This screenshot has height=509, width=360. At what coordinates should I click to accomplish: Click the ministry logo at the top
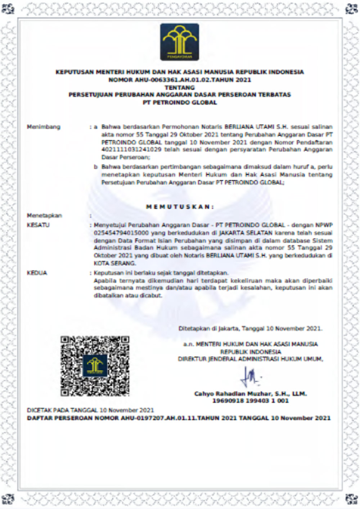point(179,42)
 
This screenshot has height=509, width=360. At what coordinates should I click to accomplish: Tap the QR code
point(95,365)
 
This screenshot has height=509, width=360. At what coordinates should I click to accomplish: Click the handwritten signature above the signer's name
point(251,377)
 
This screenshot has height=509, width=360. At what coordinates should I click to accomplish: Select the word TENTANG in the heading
point(179,87)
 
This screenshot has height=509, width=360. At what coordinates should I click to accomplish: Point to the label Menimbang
point(44,127)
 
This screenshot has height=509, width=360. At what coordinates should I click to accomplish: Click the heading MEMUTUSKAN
point(180,207)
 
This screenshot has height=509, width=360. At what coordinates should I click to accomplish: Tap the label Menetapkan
point(44,215)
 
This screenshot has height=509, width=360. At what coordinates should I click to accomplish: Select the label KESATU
point(38,225)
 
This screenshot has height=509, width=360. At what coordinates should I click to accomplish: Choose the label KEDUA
point(37,273)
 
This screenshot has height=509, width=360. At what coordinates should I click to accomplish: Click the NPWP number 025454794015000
point(116,233)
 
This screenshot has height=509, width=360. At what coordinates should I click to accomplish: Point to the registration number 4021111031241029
point(131,150)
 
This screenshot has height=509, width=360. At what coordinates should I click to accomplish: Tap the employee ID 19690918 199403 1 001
point(250,401)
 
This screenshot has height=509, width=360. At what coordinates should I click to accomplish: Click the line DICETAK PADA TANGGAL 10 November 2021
point(90,410)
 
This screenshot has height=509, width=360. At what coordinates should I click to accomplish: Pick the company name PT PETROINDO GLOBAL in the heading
point(180,103)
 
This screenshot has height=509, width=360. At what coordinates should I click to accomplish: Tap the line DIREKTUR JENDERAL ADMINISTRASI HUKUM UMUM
point(250,359)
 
